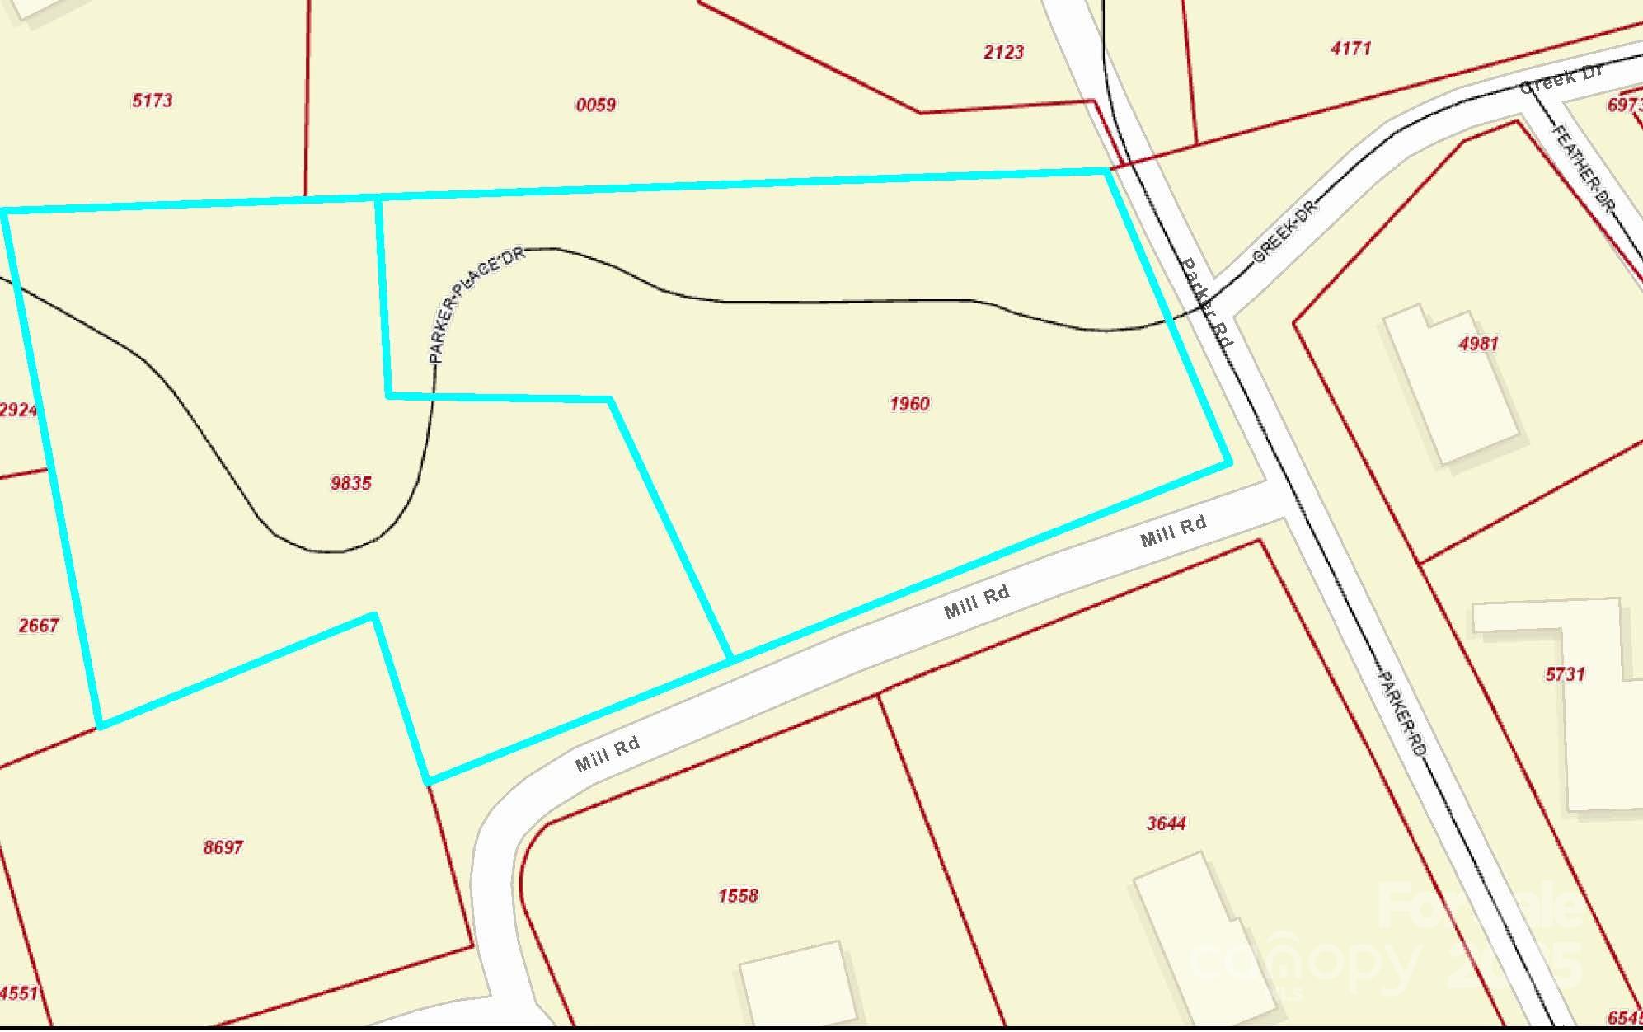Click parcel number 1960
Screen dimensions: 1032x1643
pyautogui.click(x=909, y=404)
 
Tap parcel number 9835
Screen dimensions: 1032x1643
pyautogui.click(x=351, y=483)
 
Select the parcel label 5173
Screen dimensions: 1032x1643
pyautogui.click(x=153, y=101)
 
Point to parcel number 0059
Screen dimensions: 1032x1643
pyautogui.click(x=596, y=105)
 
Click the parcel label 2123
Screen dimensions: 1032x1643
pyautogui.click(x=1004, y=52)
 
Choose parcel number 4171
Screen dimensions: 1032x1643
pyautogui.click(x=1351, y=49)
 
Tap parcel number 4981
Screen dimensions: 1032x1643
pyautogui.click(x=1478, y=344)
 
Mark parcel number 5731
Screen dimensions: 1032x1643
pyautogui.click(x=1565, y=674)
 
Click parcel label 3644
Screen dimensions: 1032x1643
pyautogui.click(x=1167, y=823)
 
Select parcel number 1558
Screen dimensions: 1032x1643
pyautogui.click(x=738, y=895)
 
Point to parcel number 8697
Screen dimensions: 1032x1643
pyautogui.click(x=223, y=847)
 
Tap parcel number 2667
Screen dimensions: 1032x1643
pyautogui.click(x=39, y=626)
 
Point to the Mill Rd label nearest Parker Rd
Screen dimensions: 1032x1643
pyautogui.click(x=1173, y=530)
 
